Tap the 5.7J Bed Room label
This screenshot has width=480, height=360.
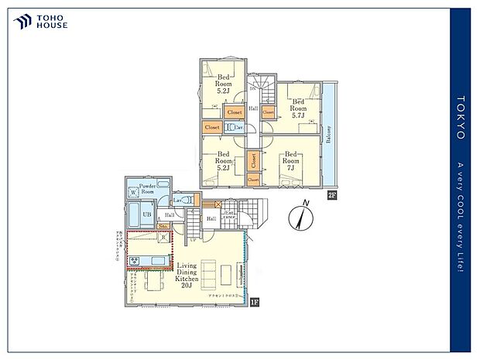click(x=298, y=105)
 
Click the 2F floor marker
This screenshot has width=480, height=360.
click(x=331, y=194)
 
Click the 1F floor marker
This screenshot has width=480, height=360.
click(x=252, y=301)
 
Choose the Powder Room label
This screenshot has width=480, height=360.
click(x=149, y=189)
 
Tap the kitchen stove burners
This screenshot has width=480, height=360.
click(x=135, y=260)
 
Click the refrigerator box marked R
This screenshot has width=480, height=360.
click(x=163, y=237)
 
